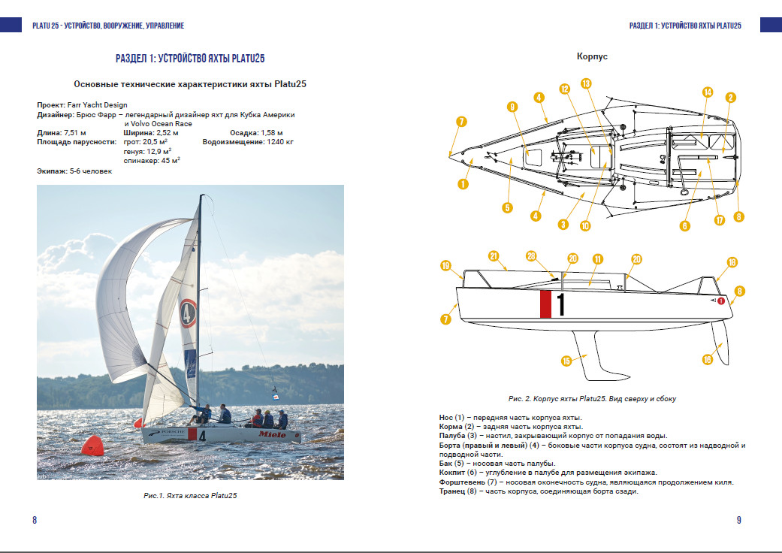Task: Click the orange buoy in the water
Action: tap(92, 445)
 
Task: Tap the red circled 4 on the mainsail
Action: tap(189, 312)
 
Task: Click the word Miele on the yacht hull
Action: tap(272, 434)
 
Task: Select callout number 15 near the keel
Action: tap(566, 361)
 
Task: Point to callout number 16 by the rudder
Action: tap(707, 359)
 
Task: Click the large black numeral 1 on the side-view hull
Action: tap(560, 304)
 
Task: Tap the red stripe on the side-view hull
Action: tap(545, 304)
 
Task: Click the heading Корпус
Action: tap(592, 56)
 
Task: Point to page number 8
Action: tap(35, 520)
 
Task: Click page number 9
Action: tap(738, 520)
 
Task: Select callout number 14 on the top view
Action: tap(707, 92)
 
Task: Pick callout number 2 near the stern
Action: tap(730, 97)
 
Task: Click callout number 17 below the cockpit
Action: tap(719, 220)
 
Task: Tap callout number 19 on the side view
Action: tap(446, 265)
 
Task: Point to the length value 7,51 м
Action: tap(71, 132)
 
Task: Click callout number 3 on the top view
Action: tap(562, 224)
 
